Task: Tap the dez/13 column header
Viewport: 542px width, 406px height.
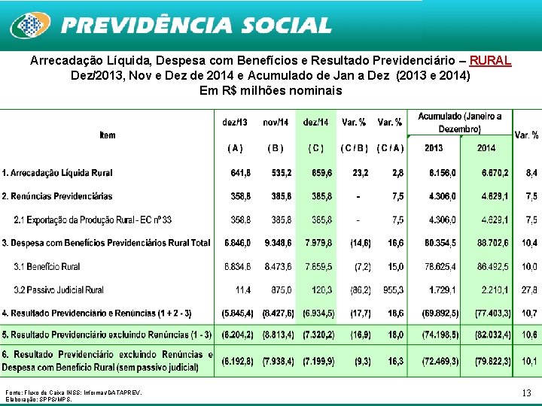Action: tap(235, 122)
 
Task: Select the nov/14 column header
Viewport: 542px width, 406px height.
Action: tap(276, 122)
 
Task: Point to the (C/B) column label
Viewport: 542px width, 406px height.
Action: tap(354, 148)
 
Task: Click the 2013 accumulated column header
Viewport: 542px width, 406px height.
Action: tap(434, 148)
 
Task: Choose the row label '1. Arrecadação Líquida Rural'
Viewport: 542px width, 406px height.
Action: tap(57, 173)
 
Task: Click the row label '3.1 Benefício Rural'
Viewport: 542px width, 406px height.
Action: tap(47, 267)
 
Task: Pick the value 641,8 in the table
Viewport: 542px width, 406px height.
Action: tap(240, 173)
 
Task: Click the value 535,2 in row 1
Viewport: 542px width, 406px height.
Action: tap(282, 173)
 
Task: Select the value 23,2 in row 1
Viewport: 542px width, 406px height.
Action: tap(360, 173)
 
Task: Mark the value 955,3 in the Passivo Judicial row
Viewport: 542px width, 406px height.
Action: tap(392, 290)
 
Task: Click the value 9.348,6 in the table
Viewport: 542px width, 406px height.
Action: tap(278, 243)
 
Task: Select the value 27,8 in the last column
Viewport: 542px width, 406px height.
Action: tap(529, 290)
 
